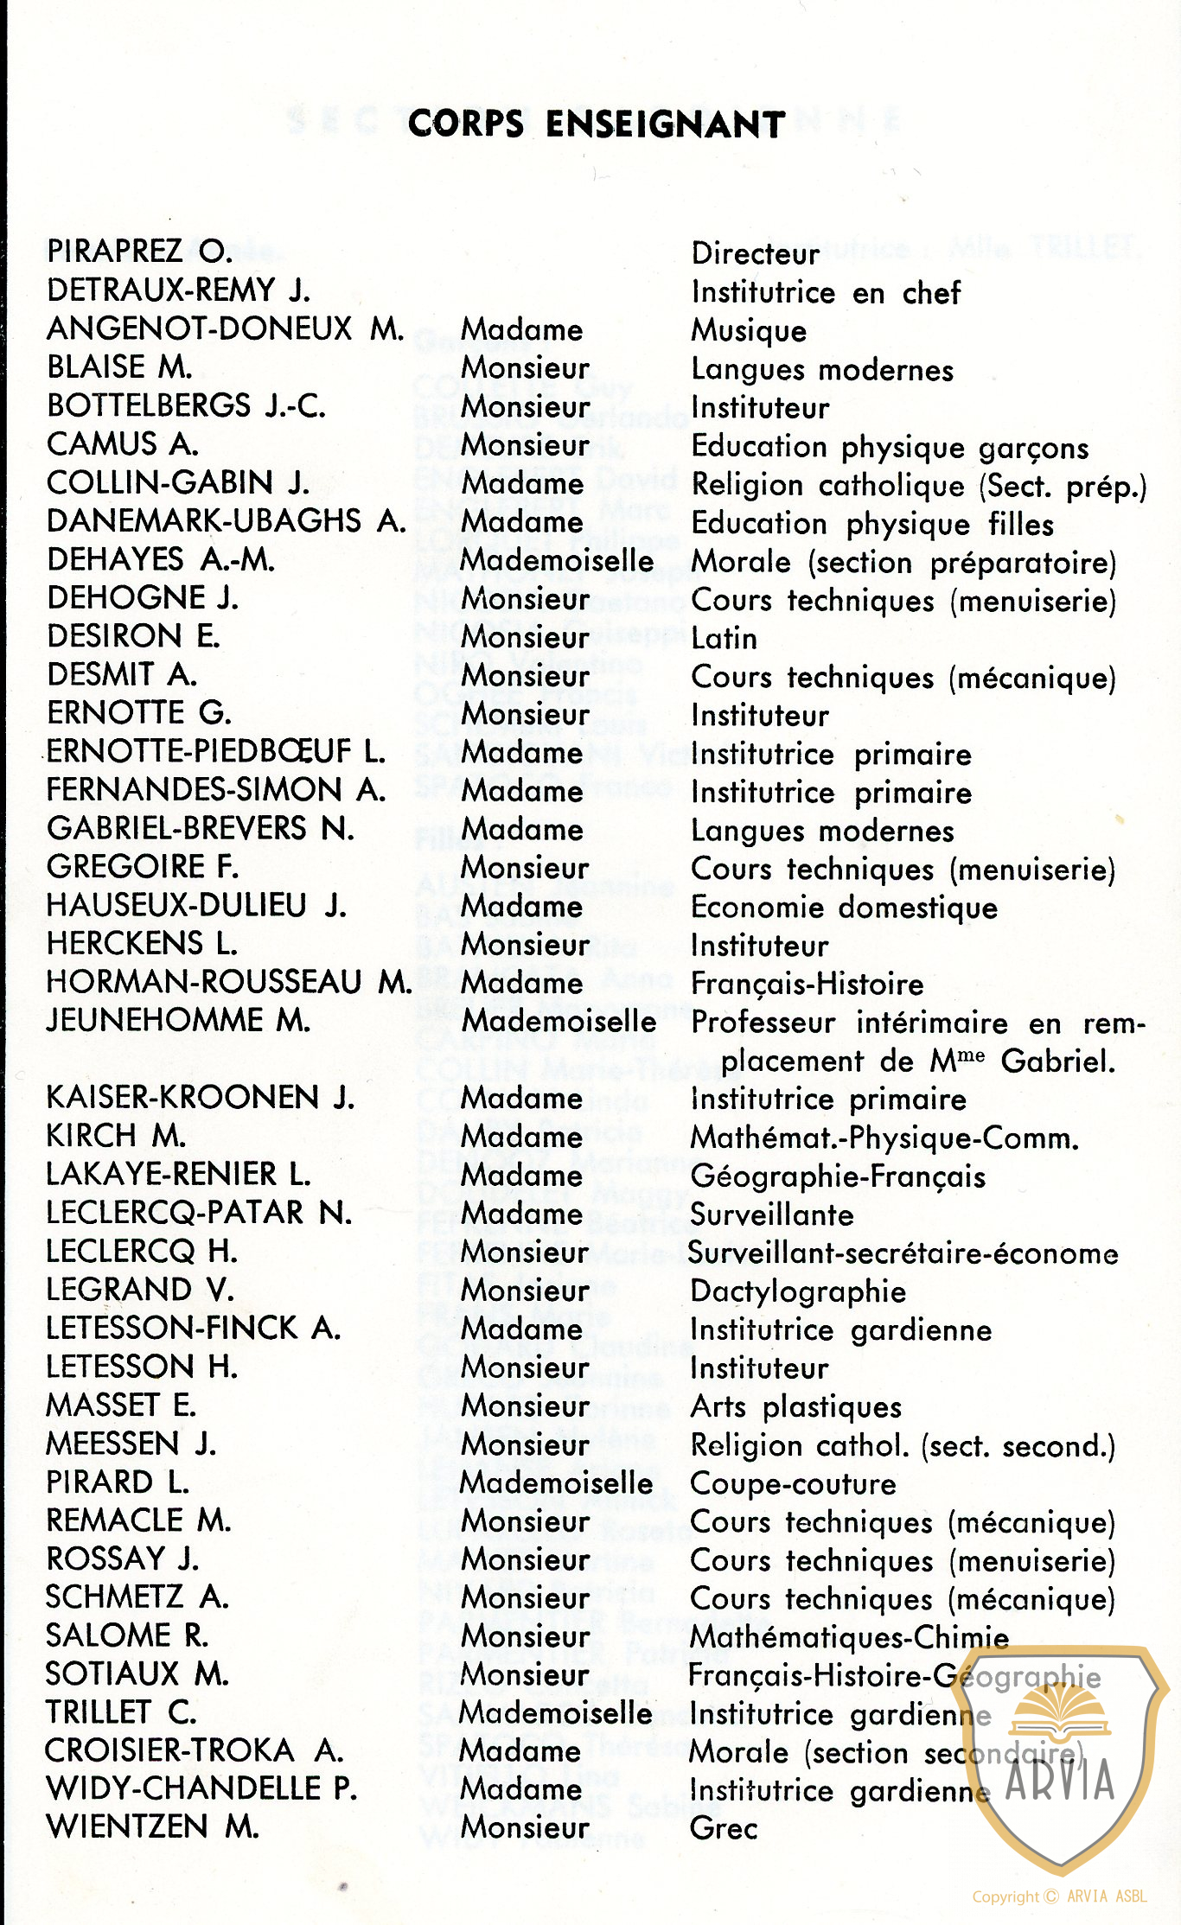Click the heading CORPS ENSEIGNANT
pyautogui.click(x=596, y=124)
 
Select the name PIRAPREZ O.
pyautogui.click(x=139, y=252)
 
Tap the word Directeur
pyautogui.click(x=755, y=254)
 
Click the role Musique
pyautogui.click(x=749, y=331)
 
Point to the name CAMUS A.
pyautogui.click(x=122, y=444)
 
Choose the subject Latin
pyautogui.click(x=724, y=639)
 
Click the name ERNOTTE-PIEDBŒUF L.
pyautogui.click(x=215, y=751)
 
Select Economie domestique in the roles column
pyautogui.click(x=844, y=908)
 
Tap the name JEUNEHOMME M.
pyautogui.click(x=178, y=1020)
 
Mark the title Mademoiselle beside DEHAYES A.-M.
pyautogui.click(x=557, y=561)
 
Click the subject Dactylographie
pyautogui.click(x=798, y=1291)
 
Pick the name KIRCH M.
pyautogui.click(x=116, y=1135)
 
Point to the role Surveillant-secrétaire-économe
pyautogui.click(x=903, y=1253)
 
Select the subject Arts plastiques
pyautogui.click(x=795, y=1407)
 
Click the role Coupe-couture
pyautogui.click(x=793, y=1484)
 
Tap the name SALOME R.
pyautogui.click(x=126, y=1635)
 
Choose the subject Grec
pyautogui.click(x=724, y=1828)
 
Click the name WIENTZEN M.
pyautogui.click(x=152, y=1826)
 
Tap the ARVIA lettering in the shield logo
pyautogui.click(x=1060, y=1780)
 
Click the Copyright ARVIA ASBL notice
pyautogui.click(x=1059, y=1896)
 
